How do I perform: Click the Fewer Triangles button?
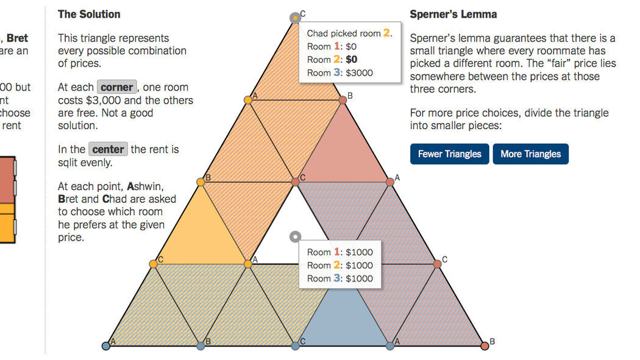[450, 154]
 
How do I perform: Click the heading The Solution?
[89, 14]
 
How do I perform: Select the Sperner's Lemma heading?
[453, 14]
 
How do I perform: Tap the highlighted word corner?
[116, 87]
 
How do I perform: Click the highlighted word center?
[108, 149]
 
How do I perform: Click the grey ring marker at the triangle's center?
[295, 236]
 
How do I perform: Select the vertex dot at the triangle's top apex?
[295, 18]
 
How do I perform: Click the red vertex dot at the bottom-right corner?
[485, 346]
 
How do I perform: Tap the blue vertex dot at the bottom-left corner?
[105, 346]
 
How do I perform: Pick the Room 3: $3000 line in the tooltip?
[340, 72]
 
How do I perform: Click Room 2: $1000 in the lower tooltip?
[340, 265]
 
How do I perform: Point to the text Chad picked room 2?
[349, 33]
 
